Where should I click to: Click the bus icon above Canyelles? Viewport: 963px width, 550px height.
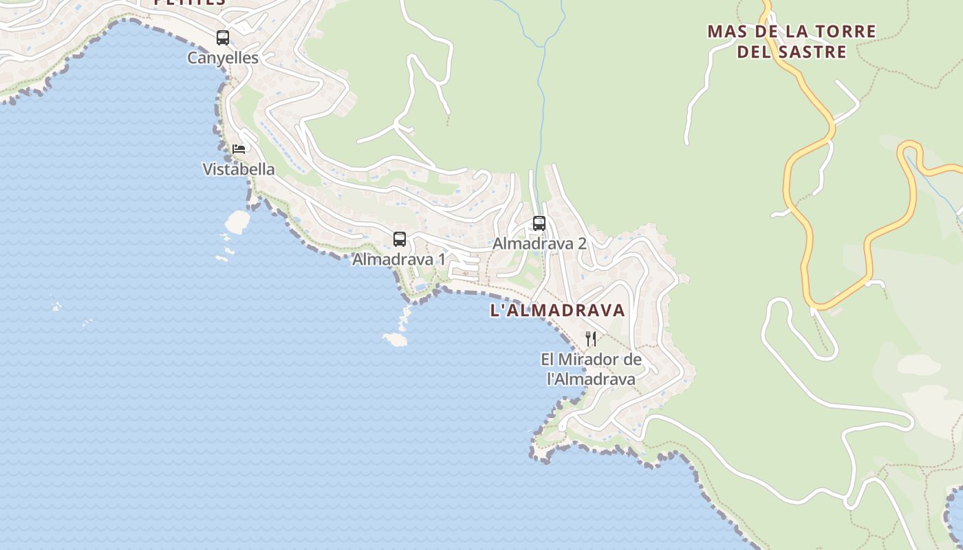[x=223, y=38]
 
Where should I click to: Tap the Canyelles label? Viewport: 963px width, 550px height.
[x=223, y=58]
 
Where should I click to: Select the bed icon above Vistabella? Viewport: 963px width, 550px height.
[x=239, y=148]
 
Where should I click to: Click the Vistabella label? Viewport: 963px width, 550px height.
[x=239, y=169]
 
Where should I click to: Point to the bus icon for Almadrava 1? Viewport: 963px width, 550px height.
[x=400, y=239]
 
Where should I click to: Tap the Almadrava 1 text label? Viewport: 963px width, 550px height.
[x=399, y=260]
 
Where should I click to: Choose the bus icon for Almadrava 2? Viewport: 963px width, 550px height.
[x=539, y=223]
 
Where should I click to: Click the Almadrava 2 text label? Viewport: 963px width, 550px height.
[x=539, y=243]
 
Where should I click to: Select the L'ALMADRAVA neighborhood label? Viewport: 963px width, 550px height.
[x=557, y=310]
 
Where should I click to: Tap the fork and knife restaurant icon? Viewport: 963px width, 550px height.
[x=591, y=338]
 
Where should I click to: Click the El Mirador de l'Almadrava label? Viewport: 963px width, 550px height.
[x=591, y=369]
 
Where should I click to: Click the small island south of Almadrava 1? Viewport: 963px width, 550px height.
[x=395, y=339]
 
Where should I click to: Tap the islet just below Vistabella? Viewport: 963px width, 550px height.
[x=238, y=221]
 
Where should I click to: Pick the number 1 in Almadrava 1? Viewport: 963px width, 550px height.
[x=441, y=260]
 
